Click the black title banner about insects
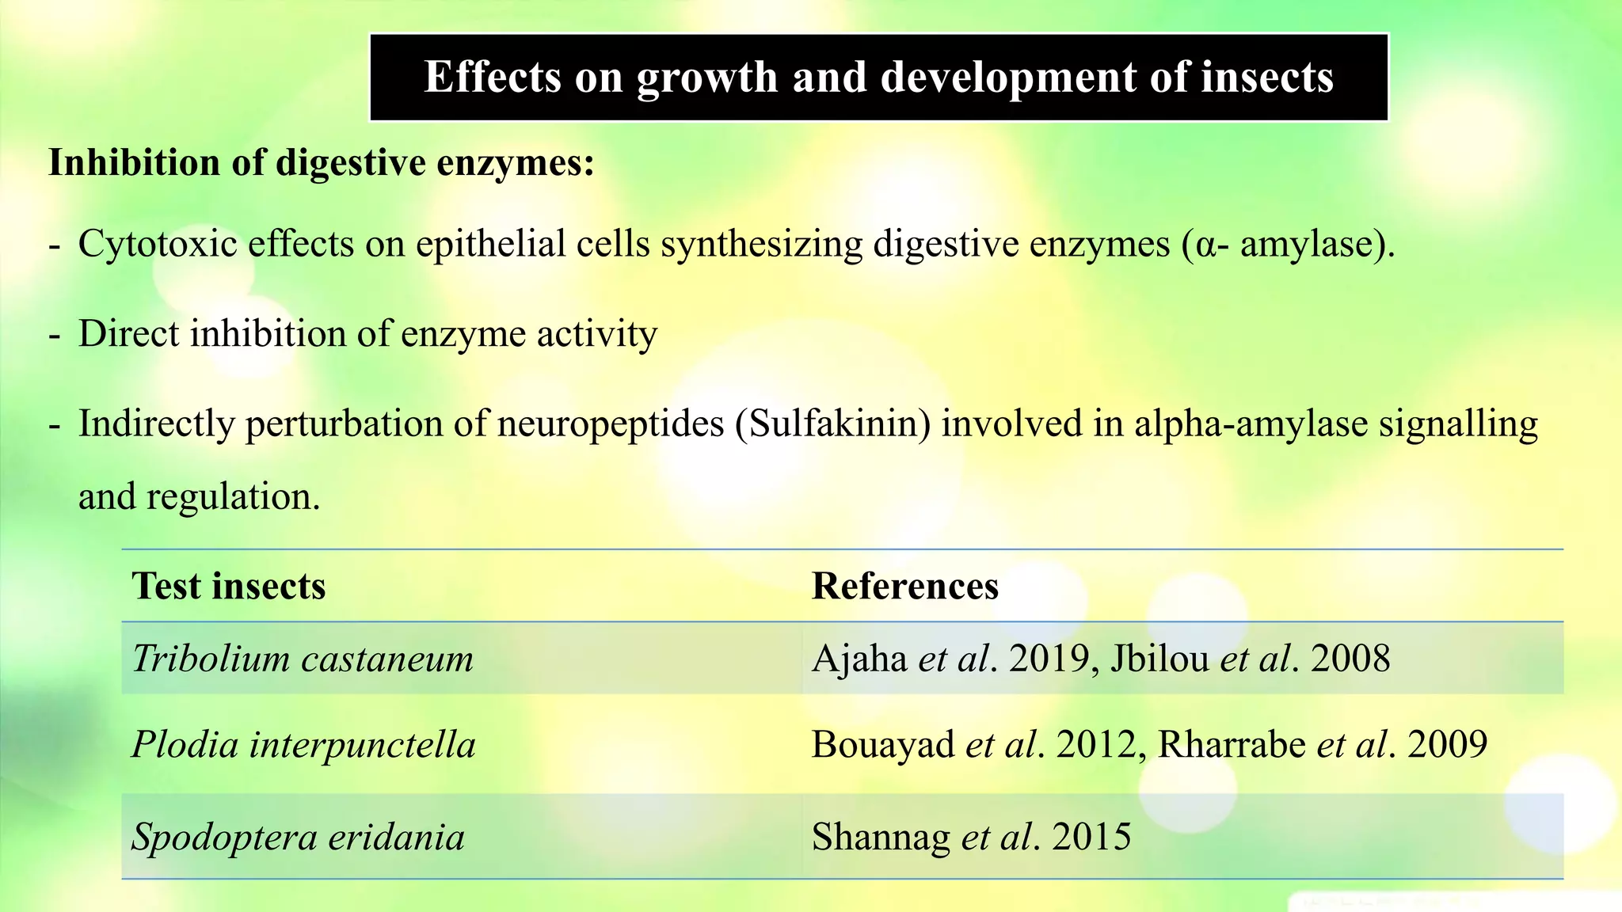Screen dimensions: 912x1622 pos(878,77)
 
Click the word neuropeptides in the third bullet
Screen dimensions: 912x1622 pos(611,425)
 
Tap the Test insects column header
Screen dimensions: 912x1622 pos(229,587)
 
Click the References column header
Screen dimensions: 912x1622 pos(904,587)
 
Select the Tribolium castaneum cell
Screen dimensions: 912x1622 pos(303,659)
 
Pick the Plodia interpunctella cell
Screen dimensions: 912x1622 pos(303,745)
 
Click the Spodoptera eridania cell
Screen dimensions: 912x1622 pos(298,837)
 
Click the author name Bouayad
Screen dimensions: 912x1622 pos(883,745)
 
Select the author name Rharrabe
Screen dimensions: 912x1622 pos(1232,745)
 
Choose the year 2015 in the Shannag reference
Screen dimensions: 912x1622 pos(1091,837)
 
